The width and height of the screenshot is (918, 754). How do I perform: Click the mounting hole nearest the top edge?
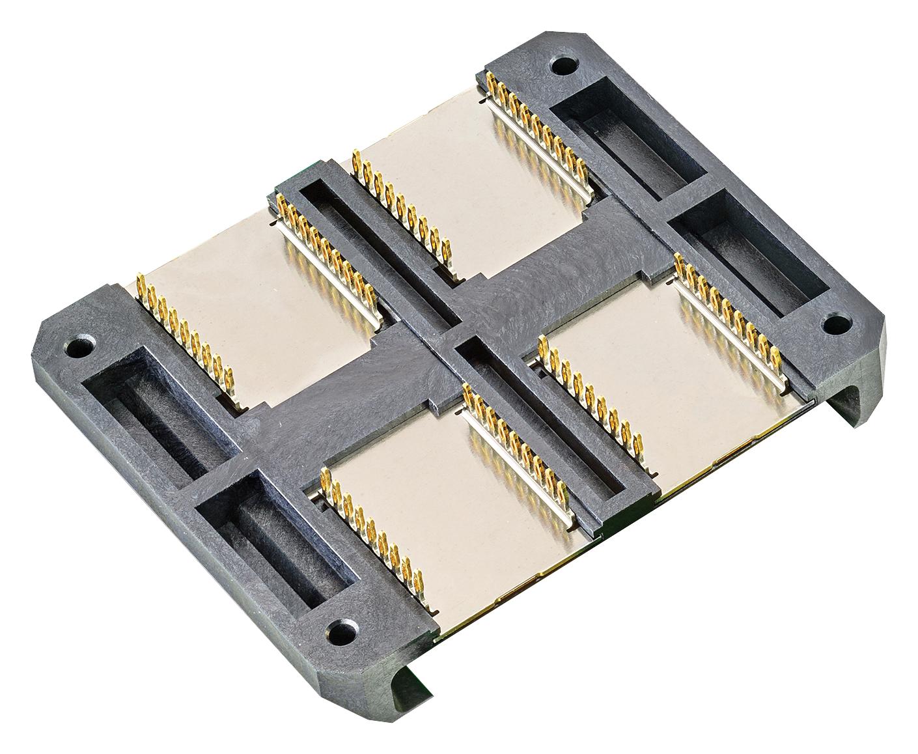562,65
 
